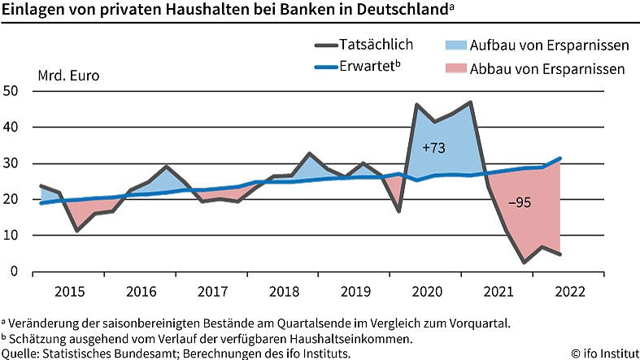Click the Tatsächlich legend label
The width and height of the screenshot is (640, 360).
click(377, 45)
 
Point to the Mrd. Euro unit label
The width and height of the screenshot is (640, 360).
click(69, 77)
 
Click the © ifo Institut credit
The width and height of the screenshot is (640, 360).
click(604, 353)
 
